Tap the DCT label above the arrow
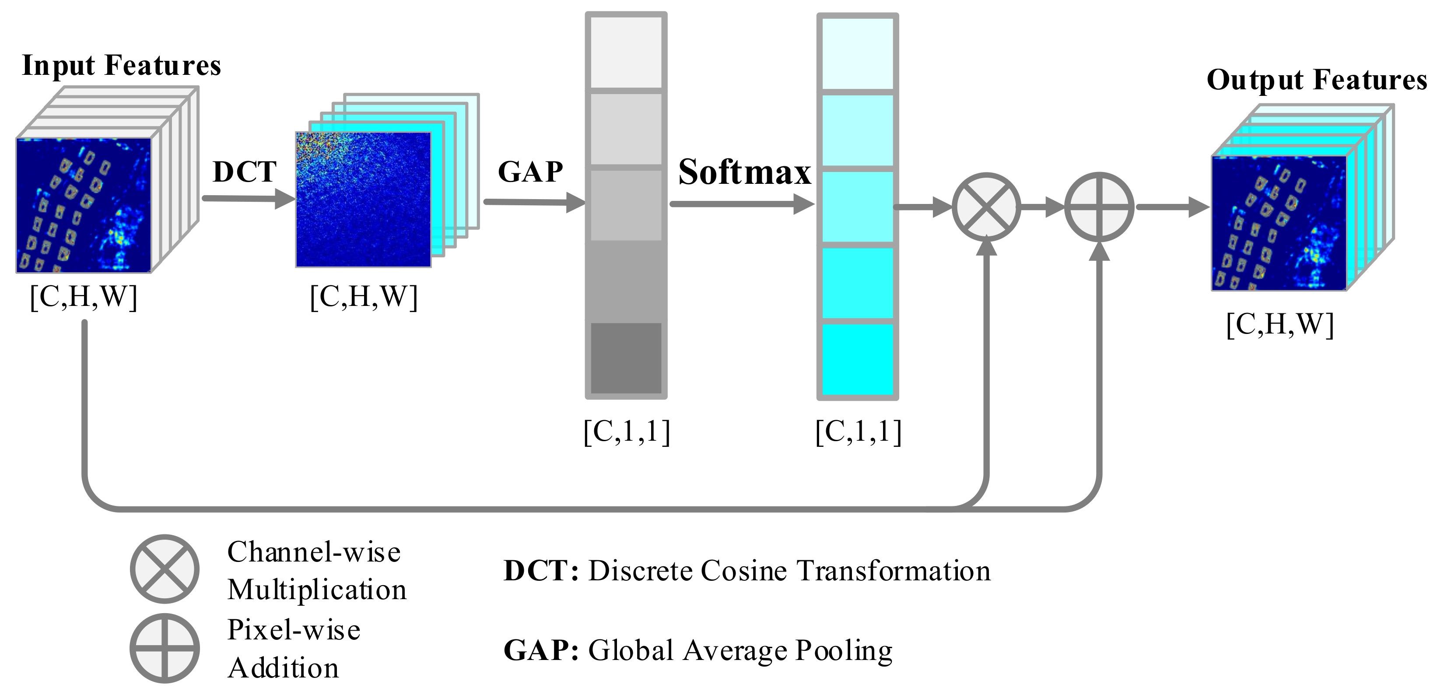tap(244, 172)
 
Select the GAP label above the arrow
tap(530, 172)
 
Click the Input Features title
tap(122, 65)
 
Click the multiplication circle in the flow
tap(986, 207)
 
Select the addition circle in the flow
tap(1099, 207)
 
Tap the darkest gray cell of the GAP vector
tap(626, 358)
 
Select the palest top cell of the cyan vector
tap(857, 53)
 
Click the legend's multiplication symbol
tap(165, 569)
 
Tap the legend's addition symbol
tap(165, 648)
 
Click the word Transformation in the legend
tap(894, 571)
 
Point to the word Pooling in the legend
tap(844, 650)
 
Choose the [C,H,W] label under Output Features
tap(1279, 324)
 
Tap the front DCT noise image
tap(363, 200)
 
